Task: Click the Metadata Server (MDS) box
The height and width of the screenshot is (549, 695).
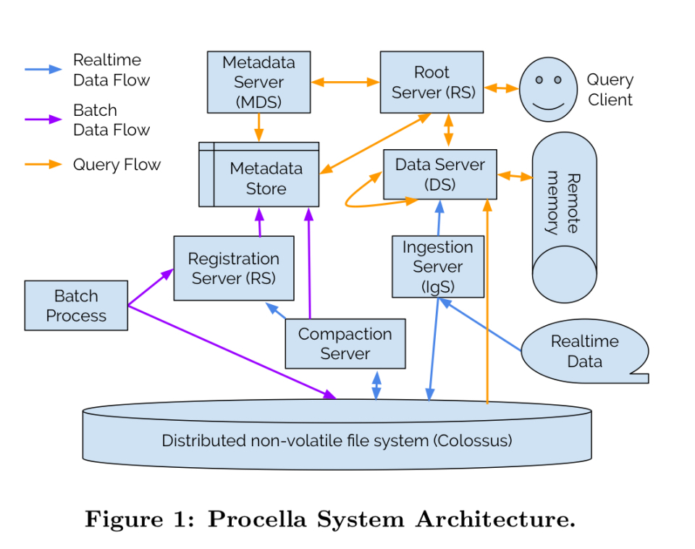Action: [x=258, y=82]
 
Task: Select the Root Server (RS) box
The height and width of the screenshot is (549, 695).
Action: [x=431, y=82]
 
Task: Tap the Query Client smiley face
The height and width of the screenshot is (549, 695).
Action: [x=548, y=89]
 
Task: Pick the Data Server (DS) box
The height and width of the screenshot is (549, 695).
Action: [x=439, y=174]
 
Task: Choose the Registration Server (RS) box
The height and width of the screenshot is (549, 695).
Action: [x=233, y=268]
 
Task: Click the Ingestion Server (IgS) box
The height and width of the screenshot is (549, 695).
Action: [x=437, y=267]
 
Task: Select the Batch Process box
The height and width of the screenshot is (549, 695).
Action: [x=76, y=306]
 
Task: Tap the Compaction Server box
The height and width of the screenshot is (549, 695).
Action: [x=345, y=343]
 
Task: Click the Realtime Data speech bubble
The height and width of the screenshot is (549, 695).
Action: [x=584, y=351]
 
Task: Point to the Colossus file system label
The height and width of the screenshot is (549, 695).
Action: [x=337, y=440]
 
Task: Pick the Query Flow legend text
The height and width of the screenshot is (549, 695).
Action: [x=117, y=164]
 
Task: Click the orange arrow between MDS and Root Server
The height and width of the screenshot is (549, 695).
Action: [x=345, y=83]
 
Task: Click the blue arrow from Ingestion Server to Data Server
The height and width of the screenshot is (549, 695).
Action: [x=439, y=217]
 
